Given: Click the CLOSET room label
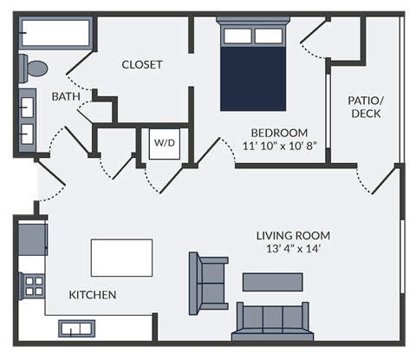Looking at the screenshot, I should [142, 65].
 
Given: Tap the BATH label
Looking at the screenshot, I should [66, 96].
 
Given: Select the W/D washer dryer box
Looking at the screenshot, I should [164, 143].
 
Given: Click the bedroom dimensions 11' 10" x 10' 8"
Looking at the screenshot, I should [272, 147].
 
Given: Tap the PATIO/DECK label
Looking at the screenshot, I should [365, 107].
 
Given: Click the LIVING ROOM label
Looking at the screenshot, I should [293, 235].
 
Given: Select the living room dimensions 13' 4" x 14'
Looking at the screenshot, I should [293, 250].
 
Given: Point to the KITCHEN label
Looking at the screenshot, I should [93, 295].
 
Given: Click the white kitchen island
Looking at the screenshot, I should [121, 258].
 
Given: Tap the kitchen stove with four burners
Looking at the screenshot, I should [34, 285].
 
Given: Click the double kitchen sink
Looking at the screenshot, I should [76, 328].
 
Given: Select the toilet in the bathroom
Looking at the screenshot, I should [36, 68].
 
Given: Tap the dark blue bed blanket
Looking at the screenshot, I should [253, 78].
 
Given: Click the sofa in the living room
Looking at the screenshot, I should [270, 321].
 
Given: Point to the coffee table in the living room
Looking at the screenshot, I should [273, 282].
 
